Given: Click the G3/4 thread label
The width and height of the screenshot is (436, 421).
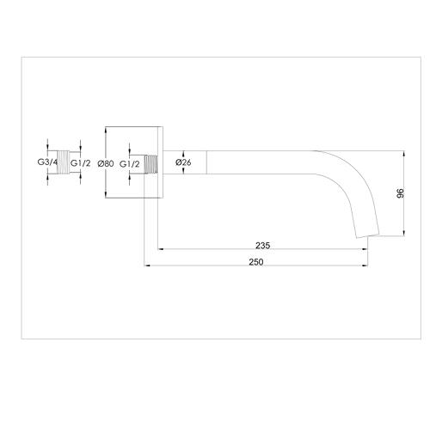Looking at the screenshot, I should [47, 162].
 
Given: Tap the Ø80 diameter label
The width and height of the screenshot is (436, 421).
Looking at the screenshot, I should [107, 162].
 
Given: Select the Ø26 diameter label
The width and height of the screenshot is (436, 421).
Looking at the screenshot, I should [183, 162].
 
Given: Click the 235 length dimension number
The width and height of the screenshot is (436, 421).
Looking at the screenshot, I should [263, 246].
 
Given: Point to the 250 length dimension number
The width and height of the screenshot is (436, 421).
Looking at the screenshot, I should [256, 261].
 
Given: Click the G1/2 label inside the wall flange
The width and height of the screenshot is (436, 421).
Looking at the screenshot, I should [130, 162].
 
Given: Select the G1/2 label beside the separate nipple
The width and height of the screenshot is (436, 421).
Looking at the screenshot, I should [81, 162].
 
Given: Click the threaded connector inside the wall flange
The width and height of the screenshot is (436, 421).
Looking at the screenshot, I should [151, 162].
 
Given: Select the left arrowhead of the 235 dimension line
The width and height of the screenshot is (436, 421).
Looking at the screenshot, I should [159, 251].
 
